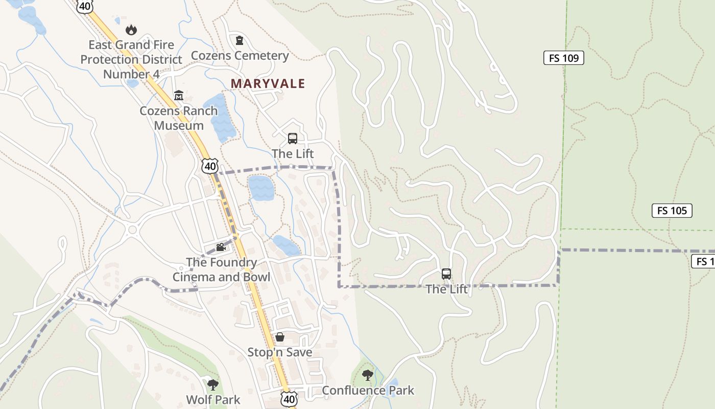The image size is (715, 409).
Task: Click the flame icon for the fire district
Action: [x=131, y=30]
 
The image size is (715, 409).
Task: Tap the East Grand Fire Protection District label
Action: [x=131, y=59]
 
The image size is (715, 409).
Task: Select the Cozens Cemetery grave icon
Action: [x=240, y=40]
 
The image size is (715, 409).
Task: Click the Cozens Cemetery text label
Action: [x=240, y=56]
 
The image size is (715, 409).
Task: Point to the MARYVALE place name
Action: [x=268, y=83]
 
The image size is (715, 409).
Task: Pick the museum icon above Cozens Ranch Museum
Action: [x=179, y=95]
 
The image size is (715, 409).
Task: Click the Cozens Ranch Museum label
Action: [x=179, y=118]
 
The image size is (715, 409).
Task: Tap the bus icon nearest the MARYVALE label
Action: [x=293, y=139]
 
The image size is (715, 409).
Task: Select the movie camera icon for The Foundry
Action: [x=221, y=247]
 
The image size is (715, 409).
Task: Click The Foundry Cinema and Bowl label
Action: [x=221, y=269]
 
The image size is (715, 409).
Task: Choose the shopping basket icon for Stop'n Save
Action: [x=280, y=337]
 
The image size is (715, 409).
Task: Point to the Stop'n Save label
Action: [x=280, y=352]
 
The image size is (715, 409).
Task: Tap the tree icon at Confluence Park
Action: [x=367, y=375]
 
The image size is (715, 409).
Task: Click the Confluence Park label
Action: [x=368, y=391]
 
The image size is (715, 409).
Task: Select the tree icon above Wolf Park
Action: [x=213, y=384]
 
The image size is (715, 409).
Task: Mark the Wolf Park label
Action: [x=213, y=399]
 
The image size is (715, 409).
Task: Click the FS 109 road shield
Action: [x=563, y=58]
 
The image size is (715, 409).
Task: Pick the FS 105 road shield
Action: [x=672, y=211]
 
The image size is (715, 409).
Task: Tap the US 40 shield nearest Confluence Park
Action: [x=289, y=399]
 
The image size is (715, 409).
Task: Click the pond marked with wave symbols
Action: [x=261, y=188]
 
